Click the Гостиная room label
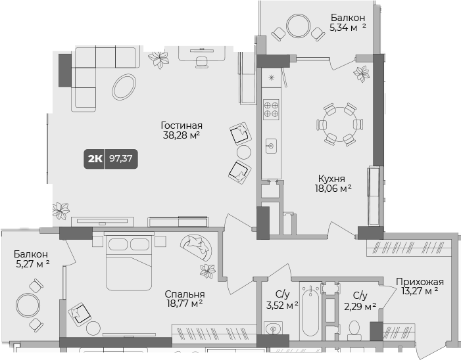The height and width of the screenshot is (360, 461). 181,125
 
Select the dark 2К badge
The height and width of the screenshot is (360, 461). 95,158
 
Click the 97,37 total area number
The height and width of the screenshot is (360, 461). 120,158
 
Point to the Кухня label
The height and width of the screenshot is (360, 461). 332,178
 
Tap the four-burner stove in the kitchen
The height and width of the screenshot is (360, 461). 271,108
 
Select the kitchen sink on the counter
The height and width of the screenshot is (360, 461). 270,146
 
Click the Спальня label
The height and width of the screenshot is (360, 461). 185,294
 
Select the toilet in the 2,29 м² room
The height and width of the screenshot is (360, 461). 354,328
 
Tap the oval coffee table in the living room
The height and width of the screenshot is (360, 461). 124,85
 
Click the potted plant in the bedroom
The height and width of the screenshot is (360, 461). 208,270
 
